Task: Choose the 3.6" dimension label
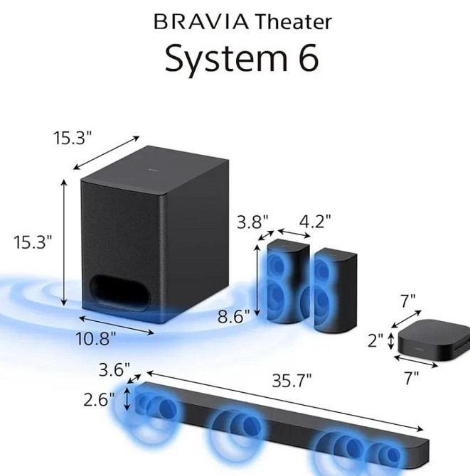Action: click(x=114, y=370)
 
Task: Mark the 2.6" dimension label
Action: click(x=99, y=399)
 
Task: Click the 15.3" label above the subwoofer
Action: click(x=73, y=138)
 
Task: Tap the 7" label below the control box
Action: click(x=410, y=379)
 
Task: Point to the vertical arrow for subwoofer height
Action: click(x=66, y=242)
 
